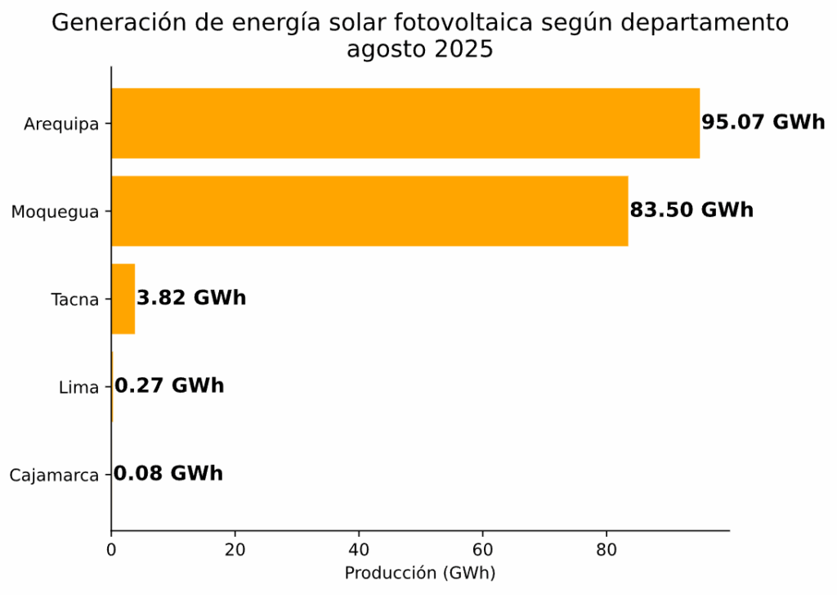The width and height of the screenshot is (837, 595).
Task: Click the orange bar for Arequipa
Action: [405, 124]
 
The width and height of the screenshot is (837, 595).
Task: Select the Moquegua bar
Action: [369, 211]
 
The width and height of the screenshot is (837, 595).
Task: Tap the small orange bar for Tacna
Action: [123, 299]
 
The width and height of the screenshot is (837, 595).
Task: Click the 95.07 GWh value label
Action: [763, 123]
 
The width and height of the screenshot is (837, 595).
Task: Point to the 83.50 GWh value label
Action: [692, 210]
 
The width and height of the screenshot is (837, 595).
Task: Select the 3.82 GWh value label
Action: [191, 298]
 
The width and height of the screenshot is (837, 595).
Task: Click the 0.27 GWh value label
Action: [169, 385]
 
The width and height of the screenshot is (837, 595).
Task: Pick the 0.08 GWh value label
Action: [168, 474]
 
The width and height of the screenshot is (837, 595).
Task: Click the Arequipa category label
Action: [61, 124]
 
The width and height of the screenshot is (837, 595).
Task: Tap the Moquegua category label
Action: [55, 212]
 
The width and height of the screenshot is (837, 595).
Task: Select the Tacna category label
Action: [74, 300]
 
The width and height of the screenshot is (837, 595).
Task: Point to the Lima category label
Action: [79, 387]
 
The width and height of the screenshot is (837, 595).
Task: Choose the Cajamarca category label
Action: [54, 475]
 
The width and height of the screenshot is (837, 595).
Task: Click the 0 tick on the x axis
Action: [111, 550]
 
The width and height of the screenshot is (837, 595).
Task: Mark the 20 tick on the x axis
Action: [235, 550]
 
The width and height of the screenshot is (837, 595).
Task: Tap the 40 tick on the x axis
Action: [359, 550]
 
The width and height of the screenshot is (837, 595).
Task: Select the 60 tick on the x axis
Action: [482, 550]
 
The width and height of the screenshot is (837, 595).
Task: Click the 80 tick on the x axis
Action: [606, 550]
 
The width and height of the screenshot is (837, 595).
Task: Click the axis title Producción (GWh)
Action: [419, 573]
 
